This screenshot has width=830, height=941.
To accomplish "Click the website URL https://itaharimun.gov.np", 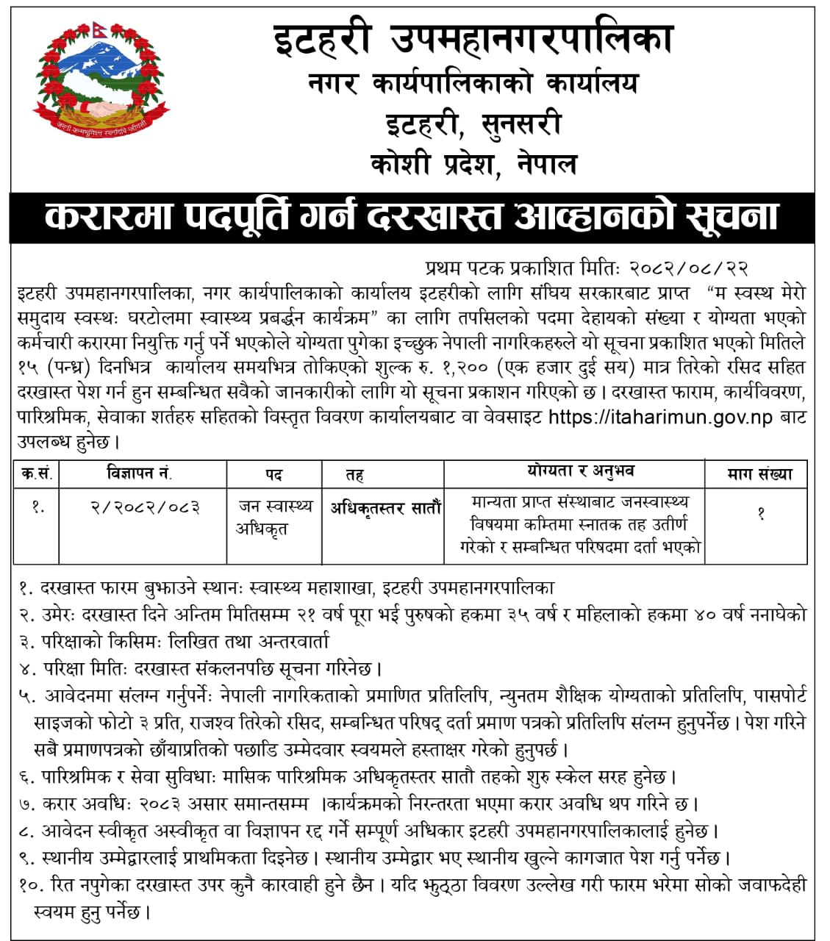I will coord(660,418).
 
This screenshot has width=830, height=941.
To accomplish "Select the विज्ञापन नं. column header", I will coord(140,473).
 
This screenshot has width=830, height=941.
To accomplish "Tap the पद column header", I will coord(273,475).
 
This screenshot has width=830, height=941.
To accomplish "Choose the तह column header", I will coord(354,475).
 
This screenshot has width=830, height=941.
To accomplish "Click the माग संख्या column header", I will coord(759,474).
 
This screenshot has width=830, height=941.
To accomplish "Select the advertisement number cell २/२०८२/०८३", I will coord(144,507).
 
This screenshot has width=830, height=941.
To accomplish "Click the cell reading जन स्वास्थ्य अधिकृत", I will coord(274,517).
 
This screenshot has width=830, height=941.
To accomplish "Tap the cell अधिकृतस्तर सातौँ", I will coord(384,507).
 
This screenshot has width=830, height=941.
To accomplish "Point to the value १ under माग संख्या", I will coord(761,514).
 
